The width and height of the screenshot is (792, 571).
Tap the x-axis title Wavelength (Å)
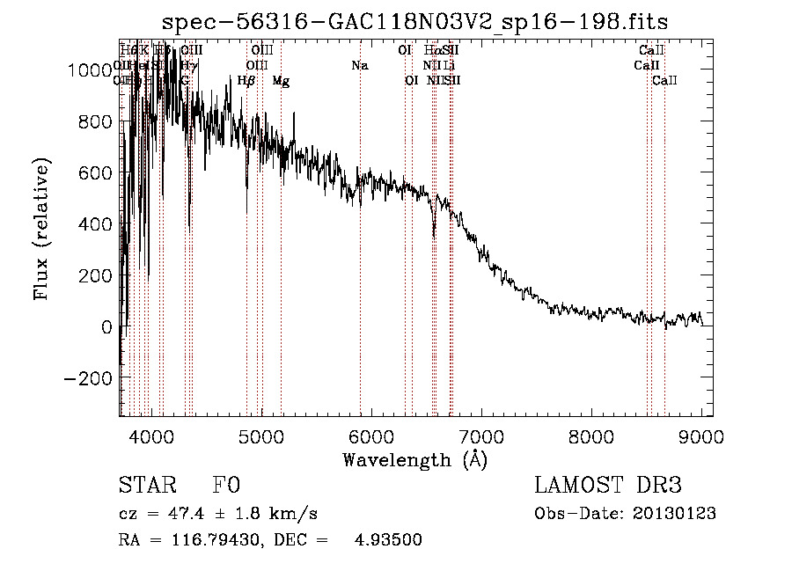pyautogui.click(x=414, y=459)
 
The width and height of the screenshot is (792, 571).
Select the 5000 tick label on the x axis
pyautogui.click(x=261, y=435)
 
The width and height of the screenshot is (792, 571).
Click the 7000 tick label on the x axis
pyautogui.click(x=481, y=435)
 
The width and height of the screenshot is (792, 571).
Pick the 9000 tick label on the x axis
pyautogui.click(x=701, y=435)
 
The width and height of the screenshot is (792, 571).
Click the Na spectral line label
pyautogui.click(x=359, y=65)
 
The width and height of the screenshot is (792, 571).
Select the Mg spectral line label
pyautogui.click(x=281, y=81)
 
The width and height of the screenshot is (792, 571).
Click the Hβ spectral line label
pyautogui.click(x=246, y=81)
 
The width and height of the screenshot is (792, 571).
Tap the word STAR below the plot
pyautogui.click(x=146, y=486)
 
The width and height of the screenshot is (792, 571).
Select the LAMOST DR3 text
pyautogui.click(x=608, y=486)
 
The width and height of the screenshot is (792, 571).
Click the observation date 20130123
pyautogui.click(x=675, y=513)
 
